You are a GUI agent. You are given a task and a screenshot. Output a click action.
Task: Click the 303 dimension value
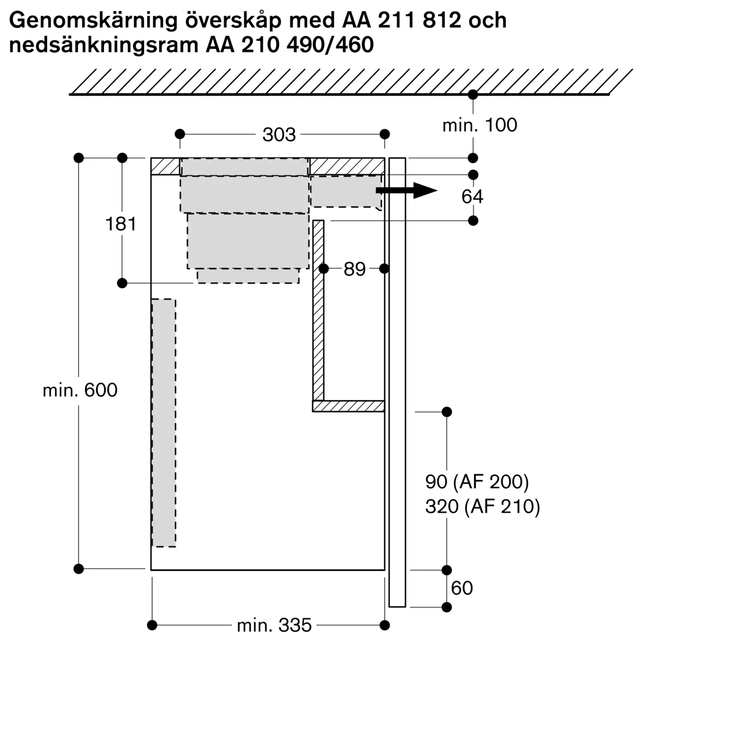(279, 135)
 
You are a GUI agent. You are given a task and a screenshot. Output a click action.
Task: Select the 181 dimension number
(121, 224)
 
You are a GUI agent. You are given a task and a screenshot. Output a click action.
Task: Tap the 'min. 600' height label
(80, 390)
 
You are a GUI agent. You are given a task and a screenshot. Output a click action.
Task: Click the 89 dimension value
(354, 269)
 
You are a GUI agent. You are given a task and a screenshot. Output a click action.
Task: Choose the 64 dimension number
(472, 197)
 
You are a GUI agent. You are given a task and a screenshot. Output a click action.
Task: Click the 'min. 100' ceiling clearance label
(479, 125)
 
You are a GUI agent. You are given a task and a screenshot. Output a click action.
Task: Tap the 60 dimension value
(462, 588)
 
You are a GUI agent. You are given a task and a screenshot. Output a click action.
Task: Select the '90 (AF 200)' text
(477, 482)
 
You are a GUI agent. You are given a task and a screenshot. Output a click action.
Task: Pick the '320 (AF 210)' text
(483, 507)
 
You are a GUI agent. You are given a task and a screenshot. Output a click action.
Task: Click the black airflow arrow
(406, 191)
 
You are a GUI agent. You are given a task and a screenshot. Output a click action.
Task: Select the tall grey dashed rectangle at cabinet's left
(164, 423)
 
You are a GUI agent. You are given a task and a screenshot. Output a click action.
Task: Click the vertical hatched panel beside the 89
(318, 311)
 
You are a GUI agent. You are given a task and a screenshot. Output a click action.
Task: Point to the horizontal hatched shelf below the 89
(349, 406)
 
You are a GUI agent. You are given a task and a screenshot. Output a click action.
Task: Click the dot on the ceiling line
(473, 94)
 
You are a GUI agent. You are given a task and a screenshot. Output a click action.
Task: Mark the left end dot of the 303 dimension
(180, 134)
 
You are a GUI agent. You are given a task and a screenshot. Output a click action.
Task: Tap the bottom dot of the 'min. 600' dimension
(79, 569)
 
